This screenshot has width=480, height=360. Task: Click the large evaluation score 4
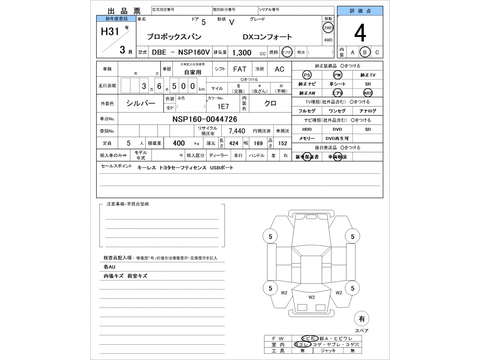coord(360,34)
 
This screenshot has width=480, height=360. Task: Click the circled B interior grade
coord(364,52)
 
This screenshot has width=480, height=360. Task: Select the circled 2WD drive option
coord(328,28)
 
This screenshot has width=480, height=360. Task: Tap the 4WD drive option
coord(328,40)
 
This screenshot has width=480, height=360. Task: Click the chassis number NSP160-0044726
coord(204,119)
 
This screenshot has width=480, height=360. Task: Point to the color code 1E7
coord(223,106)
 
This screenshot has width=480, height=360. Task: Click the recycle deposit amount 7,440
coord(237,131)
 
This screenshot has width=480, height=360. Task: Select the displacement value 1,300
coord(241,52)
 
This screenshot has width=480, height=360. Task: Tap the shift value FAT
coord(240,69)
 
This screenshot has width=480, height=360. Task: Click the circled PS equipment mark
coord(307,75)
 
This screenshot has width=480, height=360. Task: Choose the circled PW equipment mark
coord(337,75)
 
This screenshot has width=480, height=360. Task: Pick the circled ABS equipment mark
coord(367,93)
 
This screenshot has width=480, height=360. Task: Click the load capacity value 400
coord(179,143)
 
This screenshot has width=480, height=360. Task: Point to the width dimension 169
coord(258,143)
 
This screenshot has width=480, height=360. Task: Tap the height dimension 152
coord(282,143)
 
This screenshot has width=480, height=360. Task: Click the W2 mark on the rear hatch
coord(312,297)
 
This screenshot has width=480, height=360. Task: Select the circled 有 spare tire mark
coord(361,319)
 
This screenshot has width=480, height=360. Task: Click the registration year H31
coord(110,31)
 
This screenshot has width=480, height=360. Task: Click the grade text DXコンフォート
coord(267,37)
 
